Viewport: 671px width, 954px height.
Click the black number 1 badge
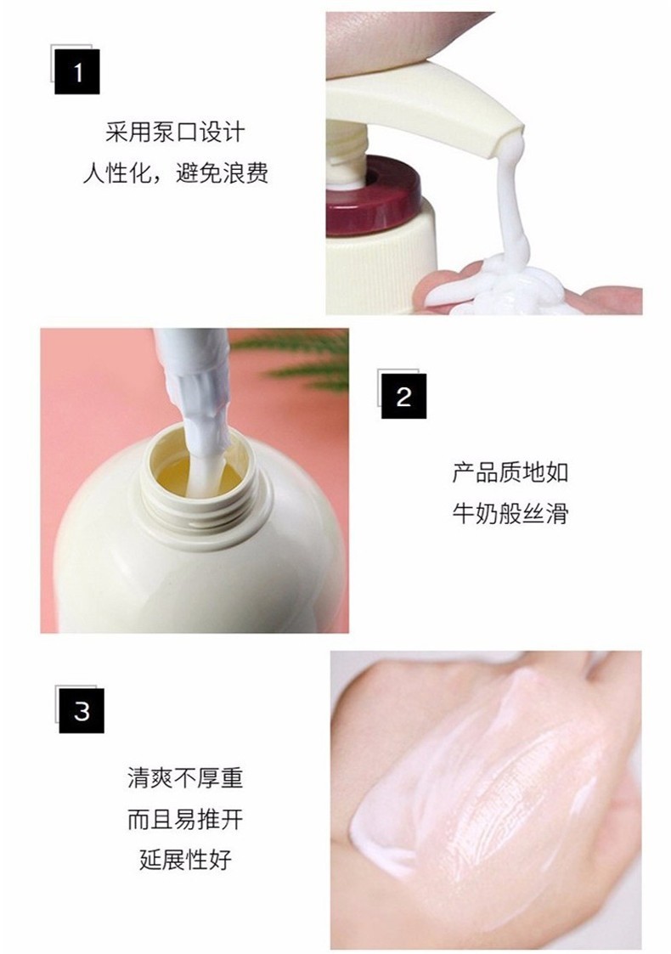[x=76, y=72]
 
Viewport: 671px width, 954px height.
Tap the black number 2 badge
[x=403, y=396]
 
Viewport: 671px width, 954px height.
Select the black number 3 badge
[x=81, y=711]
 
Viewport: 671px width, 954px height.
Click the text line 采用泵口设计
[x=175, y=132]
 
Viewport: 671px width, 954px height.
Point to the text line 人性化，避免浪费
[x=175, y=174]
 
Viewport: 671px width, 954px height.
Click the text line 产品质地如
[x=510, y=472]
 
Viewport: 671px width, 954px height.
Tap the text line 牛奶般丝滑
[x=510, y=513]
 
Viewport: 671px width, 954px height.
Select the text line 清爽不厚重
[x=185, y=778]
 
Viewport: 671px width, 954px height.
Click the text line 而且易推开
[x=185, y=820]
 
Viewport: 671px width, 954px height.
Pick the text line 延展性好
[x=185, y=861]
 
